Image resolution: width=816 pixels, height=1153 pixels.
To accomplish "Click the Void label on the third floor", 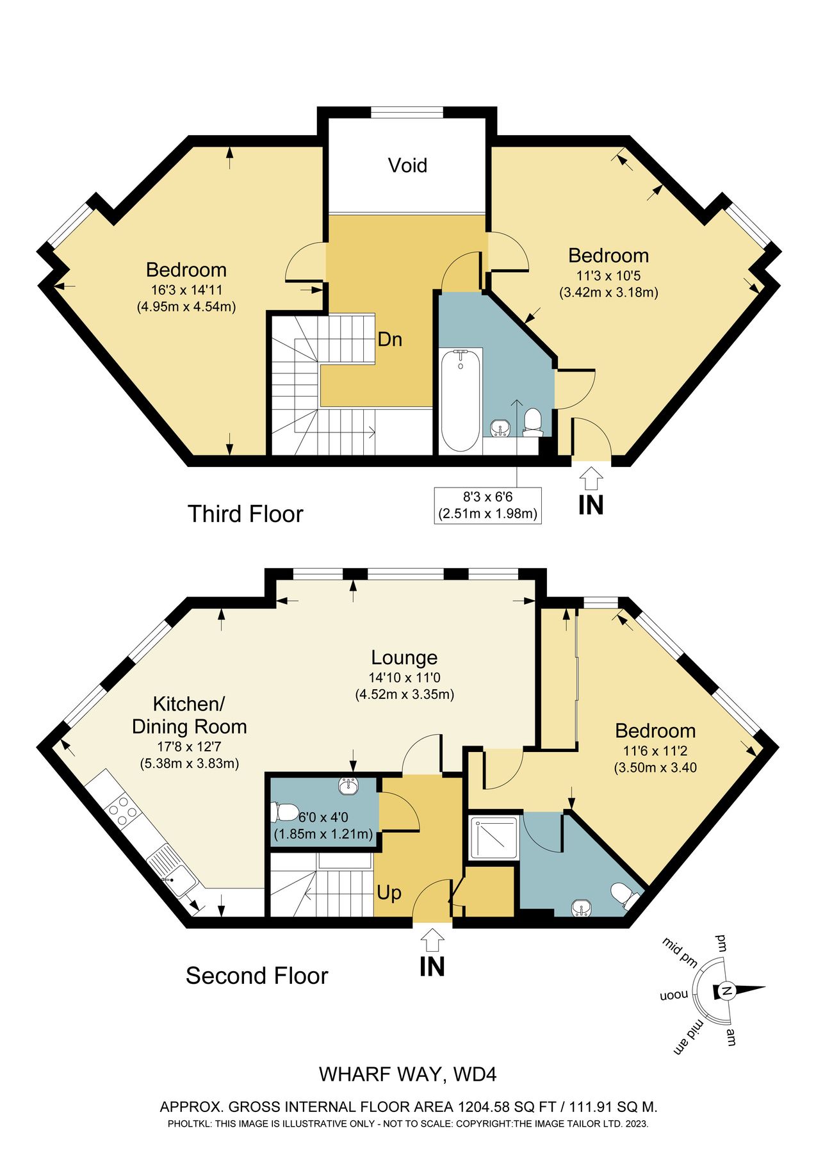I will tap(407, 165).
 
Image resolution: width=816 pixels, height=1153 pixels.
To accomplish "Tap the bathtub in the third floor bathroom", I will tap(461, 400).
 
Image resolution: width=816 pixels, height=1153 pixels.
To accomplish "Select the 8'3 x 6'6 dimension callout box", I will tap(487, 505).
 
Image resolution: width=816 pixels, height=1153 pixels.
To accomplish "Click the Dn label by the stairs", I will tap(389, 339).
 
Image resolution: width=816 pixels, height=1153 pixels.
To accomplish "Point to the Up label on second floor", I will tap(389, 892).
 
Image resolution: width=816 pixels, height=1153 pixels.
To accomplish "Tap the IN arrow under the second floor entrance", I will tap(432, 940).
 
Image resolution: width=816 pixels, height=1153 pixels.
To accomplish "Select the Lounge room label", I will tap(404, 657).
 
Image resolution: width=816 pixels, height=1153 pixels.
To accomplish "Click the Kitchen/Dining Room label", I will tap(189, 715).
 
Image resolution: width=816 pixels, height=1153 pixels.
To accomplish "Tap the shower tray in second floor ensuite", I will tap(494, 837).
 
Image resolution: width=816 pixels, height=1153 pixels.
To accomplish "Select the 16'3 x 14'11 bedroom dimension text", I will tap(186, 290).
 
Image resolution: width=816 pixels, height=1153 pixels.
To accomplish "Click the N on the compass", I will tap(726, 991).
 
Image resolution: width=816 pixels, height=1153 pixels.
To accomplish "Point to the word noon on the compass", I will tap(674, 996).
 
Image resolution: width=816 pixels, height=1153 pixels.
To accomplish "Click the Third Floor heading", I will tap(245, 514).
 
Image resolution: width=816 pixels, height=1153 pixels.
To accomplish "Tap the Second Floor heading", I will tap(257, 976).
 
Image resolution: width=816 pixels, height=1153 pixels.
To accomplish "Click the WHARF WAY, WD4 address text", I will tap(407, 1074).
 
